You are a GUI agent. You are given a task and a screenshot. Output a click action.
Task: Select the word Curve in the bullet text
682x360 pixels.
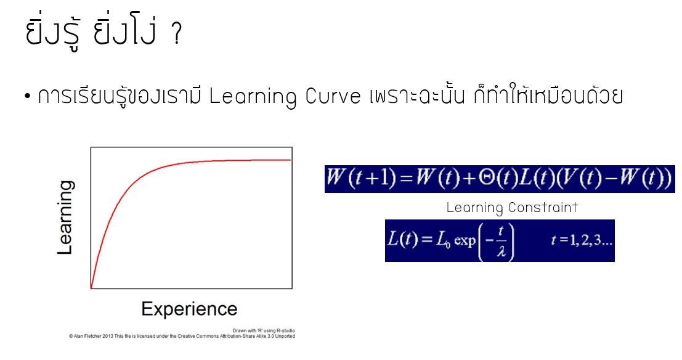[333, 96]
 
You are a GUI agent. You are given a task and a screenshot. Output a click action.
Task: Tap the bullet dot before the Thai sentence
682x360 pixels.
[28, 96]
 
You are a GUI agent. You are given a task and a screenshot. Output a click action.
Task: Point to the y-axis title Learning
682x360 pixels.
[65, 218]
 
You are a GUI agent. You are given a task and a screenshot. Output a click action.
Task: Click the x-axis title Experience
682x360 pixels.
[189, 309]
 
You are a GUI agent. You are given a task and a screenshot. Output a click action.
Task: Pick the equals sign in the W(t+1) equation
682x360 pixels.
[406, 179]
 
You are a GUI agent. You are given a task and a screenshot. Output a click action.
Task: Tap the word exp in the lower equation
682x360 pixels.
[465, 241]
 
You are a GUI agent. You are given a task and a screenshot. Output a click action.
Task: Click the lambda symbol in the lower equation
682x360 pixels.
[501, 252]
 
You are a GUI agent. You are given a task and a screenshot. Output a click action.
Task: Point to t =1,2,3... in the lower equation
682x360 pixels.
[582, 240]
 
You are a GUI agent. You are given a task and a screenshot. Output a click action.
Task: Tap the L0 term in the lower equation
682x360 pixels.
[443, 240]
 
